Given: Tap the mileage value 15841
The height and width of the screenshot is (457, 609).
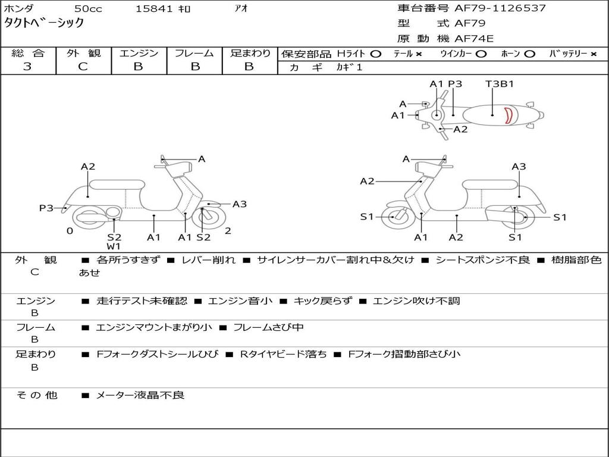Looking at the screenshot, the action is tap(154, 9).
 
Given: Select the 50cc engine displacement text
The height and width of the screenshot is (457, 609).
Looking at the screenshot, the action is tap(87, 9).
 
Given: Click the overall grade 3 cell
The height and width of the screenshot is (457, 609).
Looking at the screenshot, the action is tap(27, 67).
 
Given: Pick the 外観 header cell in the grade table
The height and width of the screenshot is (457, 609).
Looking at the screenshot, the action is tap(83, 53).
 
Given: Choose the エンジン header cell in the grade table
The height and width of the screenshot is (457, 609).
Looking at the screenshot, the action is tap(139, 53).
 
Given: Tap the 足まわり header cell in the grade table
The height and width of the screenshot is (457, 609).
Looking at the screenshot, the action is tap(250, 53).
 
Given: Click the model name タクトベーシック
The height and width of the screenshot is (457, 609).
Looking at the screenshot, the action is tap(44, 23).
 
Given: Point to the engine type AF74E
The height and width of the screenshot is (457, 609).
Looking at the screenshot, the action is tap(474, 39).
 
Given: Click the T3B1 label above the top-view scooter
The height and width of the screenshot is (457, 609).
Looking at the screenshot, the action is tap(500, 84).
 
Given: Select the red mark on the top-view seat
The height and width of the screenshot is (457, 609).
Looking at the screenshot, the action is tap(508, 115).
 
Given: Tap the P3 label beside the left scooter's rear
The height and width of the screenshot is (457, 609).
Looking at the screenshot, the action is tap(46, 208).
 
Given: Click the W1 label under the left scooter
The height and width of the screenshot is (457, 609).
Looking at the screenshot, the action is tap(114, 246).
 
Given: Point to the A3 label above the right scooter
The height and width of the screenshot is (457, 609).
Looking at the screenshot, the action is tap(519, 167).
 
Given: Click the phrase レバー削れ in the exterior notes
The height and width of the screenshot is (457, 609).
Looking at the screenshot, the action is tap(208, 260).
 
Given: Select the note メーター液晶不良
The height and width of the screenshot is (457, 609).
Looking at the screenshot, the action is tap(140, 395).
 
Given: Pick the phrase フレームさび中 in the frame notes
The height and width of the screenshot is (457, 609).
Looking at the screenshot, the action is tap(268, 327).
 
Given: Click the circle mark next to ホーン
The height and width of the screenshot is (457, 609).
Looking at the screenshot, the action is tap(529, 54).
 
